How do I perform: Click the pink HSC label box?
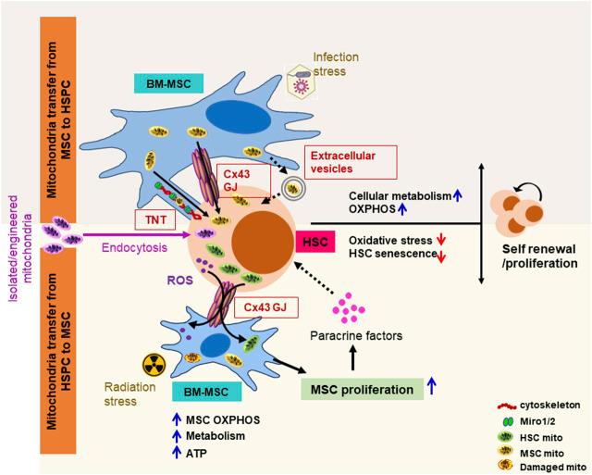coord(315,242)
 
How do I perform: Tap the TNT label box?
coord(155,219)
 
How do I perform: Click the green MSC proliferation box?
coord(362,389)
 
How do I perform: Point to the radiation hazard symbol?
coord(154,365)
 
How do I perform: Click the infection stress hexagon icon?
coord(301,81)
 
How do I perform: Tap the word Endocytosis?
coord(134,247)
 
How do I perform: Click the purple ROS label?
coord(180,280)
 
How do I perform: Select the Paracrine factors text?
coord(356,335)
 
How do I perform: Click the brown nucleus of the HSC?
coord(263,241)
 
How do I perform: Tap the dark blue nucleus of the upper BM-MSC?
coord(239,118)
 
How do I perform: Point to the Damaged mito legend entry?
coord(542,467)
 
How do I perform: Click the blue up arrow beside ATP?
coord(177,452)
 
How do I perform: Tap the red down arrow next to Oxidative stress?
coord(441,239)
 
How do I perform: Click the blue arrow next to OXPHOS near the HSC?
coord(402,208)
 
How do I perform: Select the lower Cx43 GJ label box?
coord(266,307)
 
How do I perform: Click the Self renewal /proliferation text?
coord(539,256)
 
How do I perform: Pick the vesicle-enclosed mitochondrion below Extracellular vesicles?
coord(292,189)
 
